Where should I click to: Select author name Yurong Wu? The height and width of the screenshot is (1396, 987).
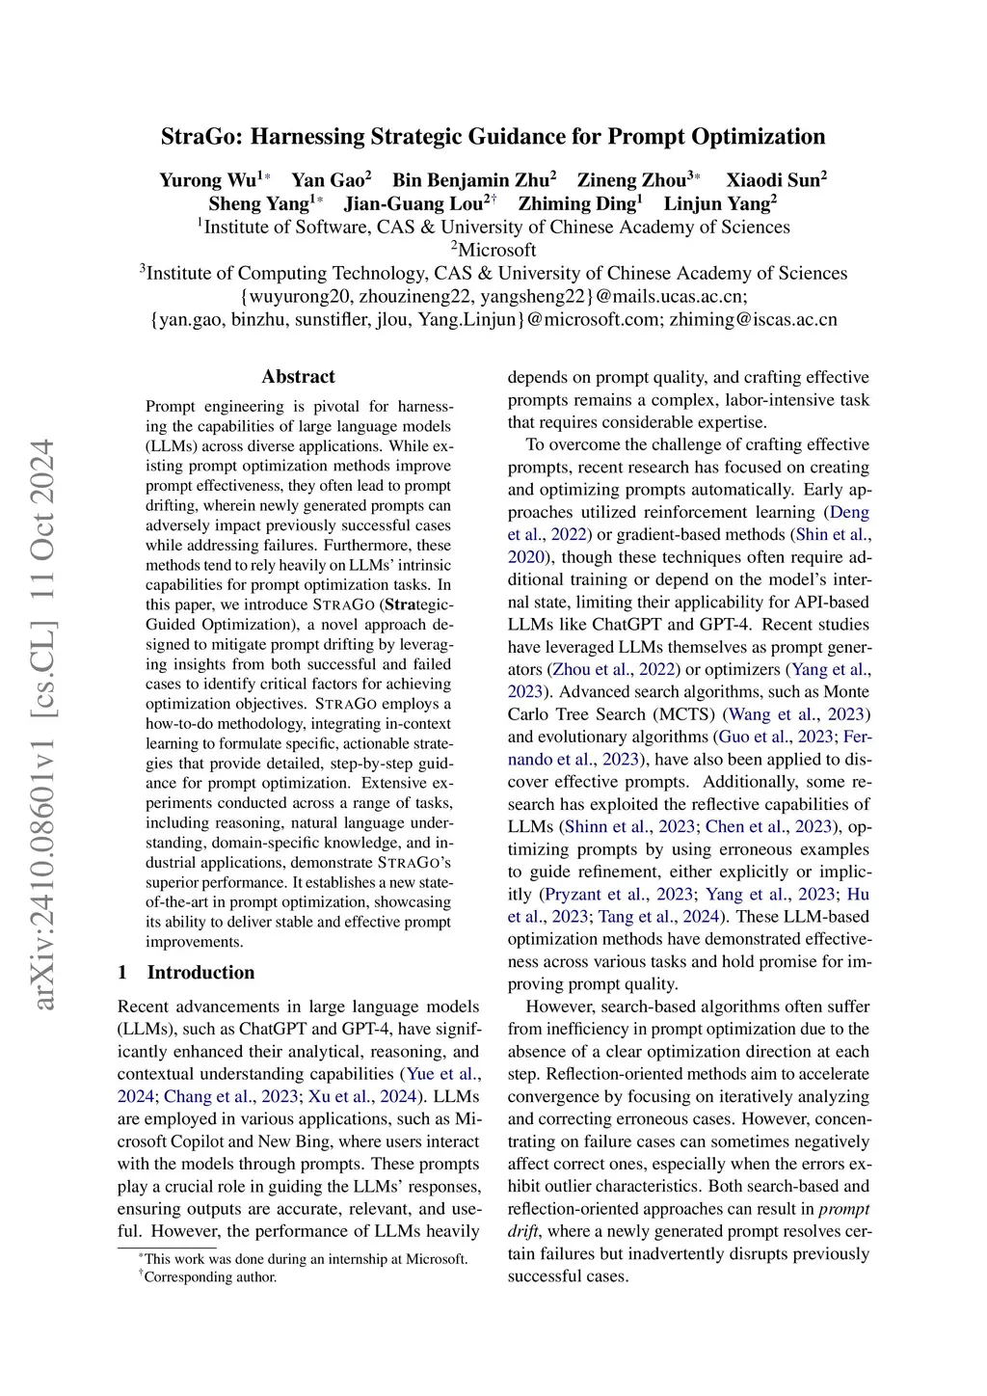208,180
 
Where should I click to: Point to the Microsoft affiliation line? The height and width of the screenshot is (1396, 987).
493,250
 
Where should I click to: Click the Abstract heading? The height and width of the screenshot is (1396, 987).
298,377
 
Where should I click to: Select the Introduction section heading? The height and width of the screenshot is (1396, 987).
200,972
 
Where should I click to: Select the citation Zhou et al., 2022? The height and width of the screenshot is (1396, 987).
610,669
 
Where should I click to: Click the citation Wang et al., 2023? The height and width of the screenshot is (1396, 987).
796,714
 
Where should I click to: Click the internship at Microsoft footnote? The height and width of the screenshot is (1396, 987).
305,1259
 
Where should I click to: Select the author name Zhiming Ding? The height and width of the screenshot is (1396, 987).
576,203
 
